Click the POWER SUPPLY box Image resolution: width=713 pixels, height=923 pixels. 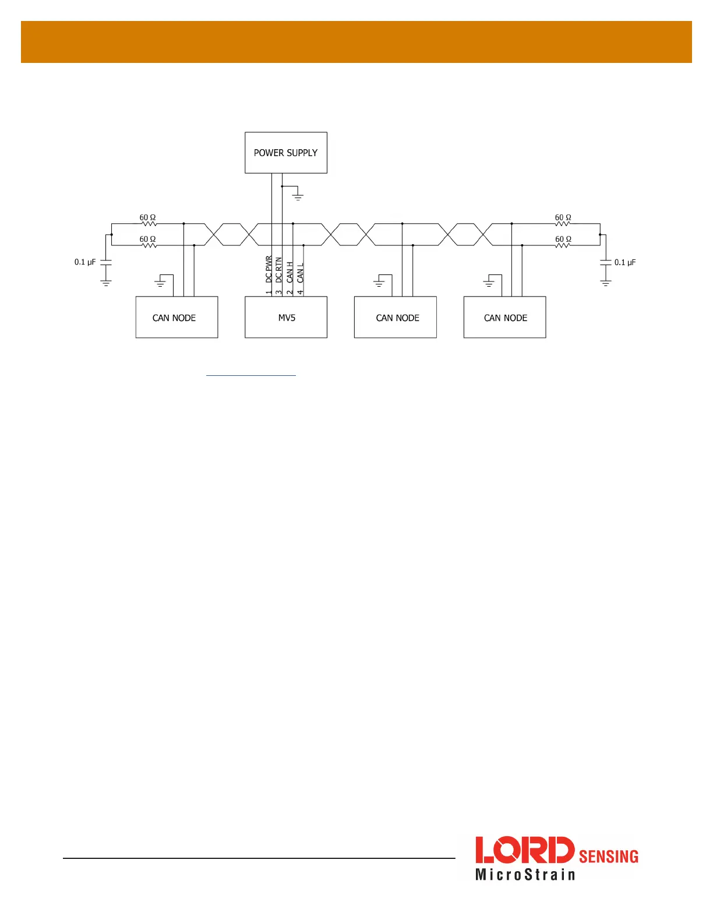click(x=285, y=153)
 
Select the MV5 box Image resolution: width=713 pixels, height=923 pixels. click(x=286, y=318)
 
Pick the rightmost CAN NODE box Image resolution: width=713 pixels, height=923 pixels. click(x=505, y=318)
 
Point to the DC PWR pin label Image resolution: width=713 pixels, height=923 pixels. click(x=269, y=271)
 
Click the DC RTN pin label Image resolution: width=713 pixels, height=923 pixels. click(x=278, y=272)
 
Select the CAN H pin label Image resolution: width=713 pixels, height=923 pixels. click(x=290, y=273)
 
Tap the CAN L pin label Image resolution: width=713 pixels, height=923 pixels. click(x=300, y=273)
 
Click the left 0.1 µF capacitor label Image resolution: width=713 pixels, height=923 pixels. click(x=85, y=262)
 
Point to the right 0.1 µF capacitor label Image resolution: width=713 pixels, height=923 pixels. click(x=625, y=262)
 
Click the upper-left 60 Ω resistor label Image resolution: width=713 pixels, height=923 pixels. click(x=147, y=217)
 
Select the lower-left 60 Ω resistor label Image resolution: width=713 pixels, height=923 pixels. click(x=147, y=239)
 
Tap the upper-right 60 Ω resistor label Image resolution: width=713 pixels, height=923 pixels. click(x=563, y=217)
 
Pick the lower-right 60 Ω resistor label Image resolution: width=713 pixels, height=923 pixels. click(x=563, y=239)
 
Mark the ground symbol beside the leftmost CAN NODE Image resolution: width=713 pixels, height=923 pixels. click(x=160, y=284)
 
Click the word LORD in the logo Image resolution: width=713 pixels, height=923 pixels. click(x=524, y=850)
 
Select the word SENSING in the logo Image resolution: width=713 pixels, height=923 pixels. click(x=608, y=856)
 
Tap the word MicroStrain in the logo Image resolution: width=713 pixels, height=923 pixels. click(x=525, y=875)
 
